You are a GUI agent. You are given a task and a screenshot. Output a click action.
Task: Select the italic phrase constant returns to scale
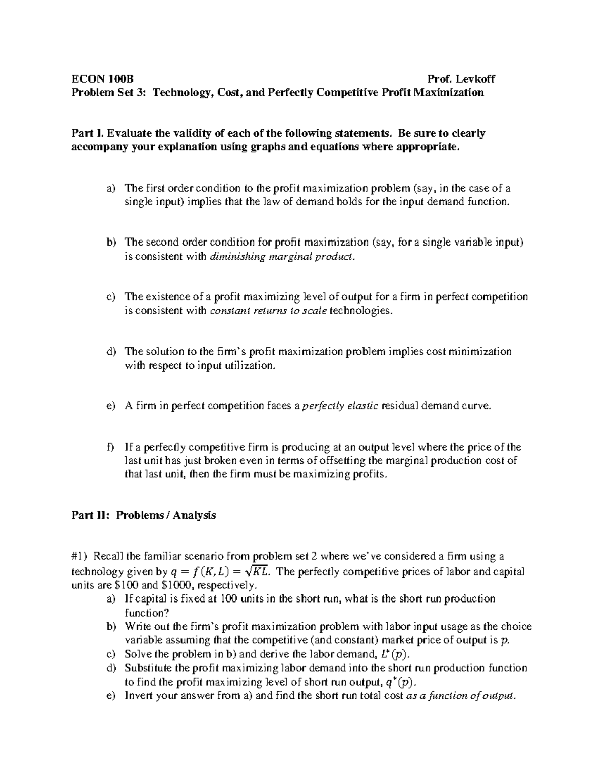pyautogui.click(x=268, y=311)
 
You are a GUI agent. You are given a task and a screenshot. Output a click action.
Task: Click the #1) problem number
pyautogui.click(x=80, y=556)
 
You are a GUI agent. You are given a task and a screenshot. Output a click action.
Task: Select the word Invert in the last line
pyautogui.click(x=137, y=696)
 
